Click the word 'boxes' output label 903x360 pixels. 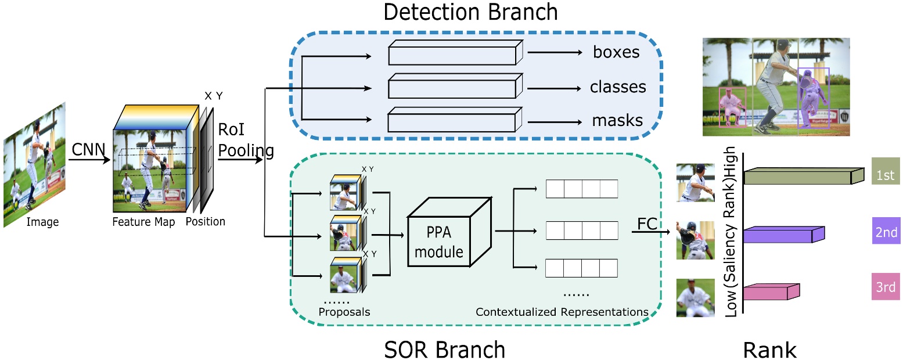click(x=616, y=52)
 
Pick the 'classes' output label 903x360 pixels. click(x=618, y=87)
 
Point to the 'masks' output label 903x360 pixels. click(x=617, y=121)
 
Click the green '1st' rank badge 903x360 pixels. click(x=885, y=175)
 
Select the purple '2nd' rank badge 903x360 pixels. click(x=885, y=232)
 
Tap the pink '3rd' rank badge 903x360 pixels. click(x=885, y=286)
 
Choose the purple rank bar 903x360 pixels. click(x=781, y=235)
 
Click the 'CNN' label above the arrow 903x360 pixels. click(x=88, y=150)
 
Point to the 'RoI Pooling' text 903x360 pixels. click(x=245, y=140)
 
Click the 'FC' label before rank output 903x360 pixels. click(x=647, y=224)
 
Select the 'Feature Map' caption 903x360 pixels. click(x=143, y=222)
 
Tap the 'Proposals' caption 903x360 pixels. click(x=344, y=312)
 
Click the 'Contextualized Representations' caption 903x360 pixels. click(x=562, y=312)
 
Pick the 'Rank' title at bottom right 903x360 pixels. click(x=769, y=350)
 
